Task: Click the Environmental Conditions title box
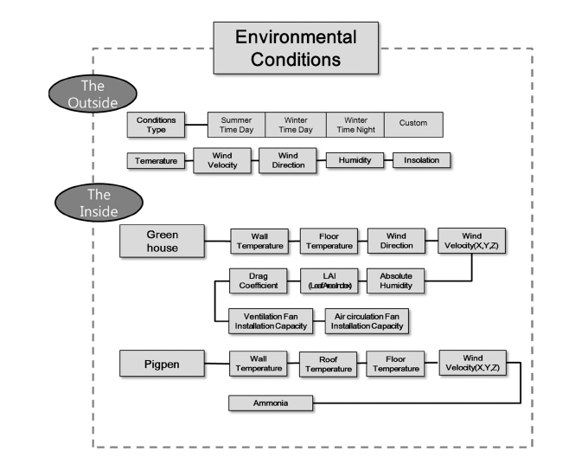(296, 48)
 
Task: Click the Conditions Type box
(156, 125)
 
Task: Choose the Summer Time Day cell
(235, 125)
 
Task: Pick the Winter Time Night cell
(355, 125)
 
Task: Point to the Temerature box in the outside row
(157, 161)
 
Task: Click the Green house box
(162, 241)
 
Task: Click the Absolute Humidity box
(395, 281)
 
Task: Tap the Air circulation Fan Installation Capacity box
(366, 319)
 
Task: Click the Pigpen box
(162, 364)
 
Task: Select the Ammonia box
(271, 403)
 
